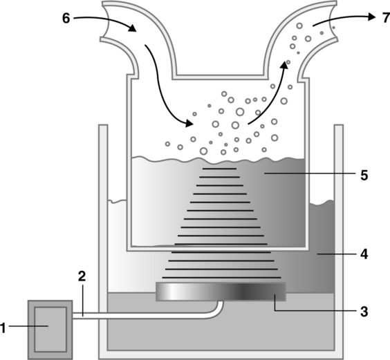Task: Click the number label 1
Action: point(3,328)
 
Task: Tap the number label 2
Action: point(82,276)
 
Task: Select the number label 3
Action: point(364,312)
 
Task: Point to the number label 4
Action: point(364,254)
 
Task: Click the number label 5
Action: point(364,176)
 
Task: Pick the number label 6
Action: point(66,19)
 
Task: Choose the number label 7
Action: point(387,18)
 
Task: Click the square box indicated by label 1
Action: point(50,330)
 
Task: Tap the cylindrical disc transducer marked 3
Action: point(221,292)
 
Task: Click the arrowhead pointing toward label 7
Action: point(371,17)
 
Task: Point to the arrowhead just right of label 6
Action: point(133,28)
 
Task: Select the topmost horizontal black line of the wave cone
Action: point(219,169)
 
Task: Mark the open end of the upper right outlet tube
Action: point(333,21)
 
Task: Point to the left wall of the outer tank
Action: point(103,241)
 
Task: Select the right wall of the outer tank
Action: point(339,241)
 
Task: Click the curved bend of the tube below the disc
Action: point(217,310)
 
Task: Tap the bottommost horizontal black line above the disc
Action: point(221,278)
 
